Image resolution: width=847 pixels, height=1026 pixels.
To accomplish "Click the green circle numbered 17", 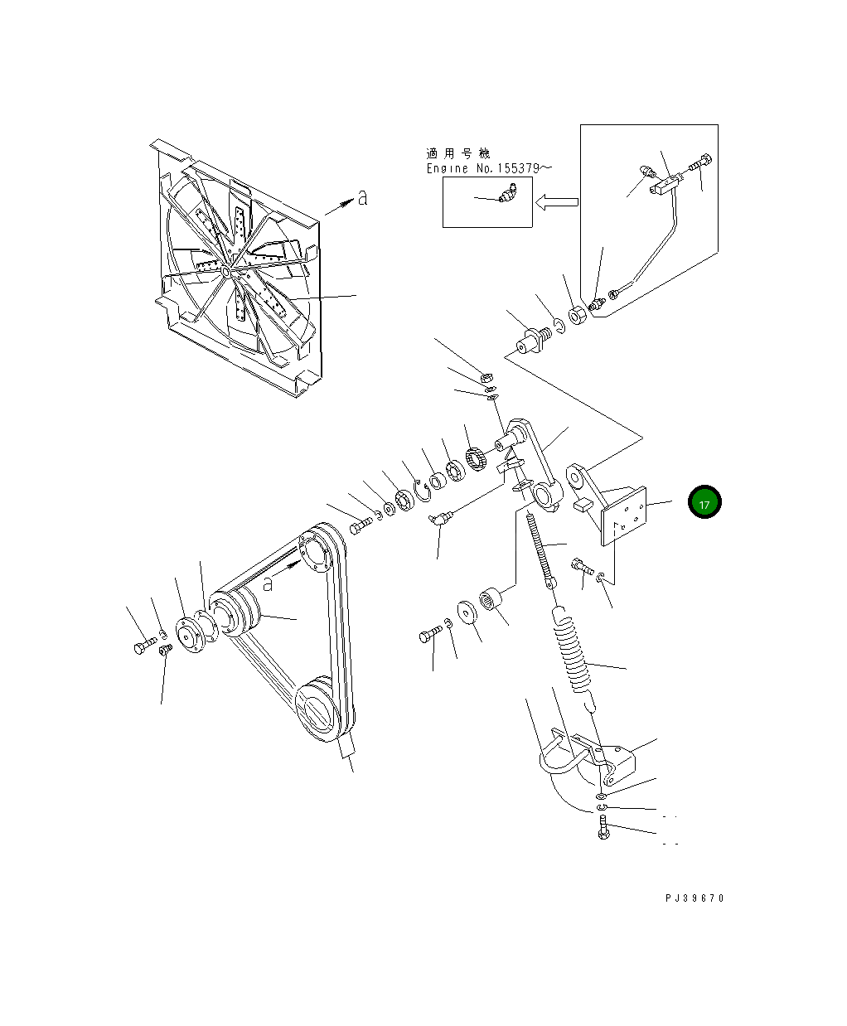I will tap(704, 502).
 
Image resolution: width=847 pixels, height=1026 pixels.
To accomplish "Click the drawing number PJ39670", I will tap(694, 898).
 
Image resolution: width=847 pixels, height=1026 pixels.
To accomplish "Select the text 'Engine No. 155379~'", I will tap(489, 168).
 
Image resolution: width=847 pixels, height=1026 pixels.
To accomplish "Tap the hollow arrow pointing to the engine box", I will tap(556, 201).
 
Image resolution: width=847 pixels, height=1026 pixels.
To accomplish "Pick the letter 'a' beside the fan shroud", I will tap(362, 197).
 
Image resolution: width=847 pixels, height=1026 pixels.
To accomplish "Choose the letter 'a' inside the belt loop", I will tap(268, 583).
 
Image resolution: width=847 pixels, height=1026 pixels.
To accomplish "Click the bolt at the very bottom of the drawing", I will tap(603, 828).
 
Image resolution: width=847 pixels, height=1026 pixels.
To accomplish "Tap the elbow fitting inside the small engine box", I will tap(506, 195).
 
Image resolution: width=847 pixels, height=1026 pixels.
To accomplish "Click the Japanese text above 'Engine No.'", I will tap(457, 154).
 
